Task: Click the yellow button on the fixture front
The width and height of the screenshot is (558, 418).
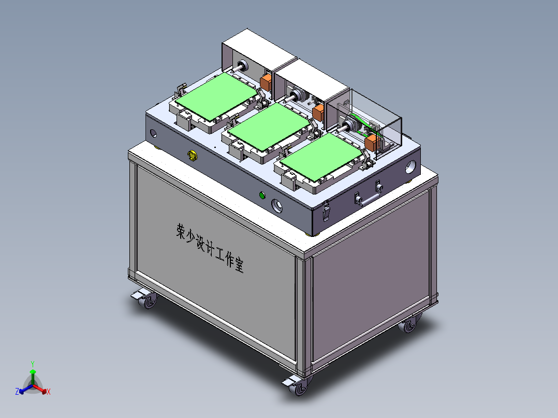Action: click(193, 155)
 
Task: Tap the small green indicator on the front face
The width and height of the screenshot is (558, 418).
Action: click(262, 195)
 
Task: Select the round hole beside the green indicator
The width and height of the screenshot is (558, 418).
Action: click(278, 205)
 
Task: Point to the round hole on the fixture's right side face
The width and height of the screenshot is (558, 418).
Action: click(411, 167)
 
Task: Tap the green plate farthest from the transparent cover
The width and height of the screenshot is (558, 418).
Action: click(217, 94)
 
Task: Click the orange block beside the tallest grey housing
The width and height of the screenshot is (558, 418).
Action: click(266, 81)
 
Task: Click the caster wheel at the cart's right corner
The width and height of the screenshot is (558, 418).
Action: click(409, 325)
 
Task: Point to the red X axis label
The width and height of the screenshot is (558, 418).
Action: click(49, 392)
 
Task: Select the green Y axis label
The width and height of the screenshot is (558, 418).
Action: click(32, 364)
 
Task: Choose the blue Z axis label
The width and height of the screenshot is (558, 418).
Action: click(17, 392)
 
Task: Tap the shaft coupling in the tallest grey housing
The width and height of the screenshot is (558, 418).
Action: click(241, 66)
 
